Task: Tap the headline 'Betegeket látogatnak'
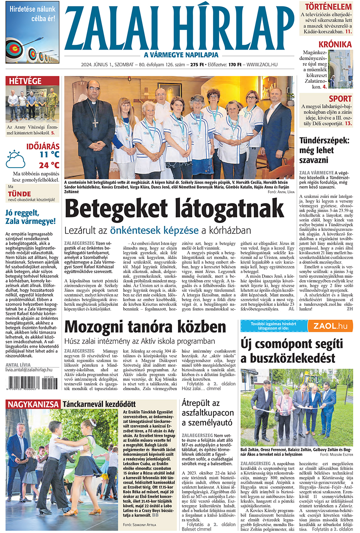point(174,210)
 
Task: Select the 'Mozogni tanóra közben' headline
point(145,327)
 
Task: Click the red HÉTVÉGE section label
point(25,81)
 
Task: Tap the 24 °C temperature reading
point(49,165)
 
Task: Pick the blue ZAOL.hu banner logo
point(330,326)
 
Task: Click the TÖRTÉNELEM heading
point(328,7)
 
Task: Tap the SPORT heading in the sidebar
point(340,98)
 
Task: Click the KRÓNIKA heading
point(335,44)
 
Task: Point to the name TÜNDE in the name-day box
point(19,194)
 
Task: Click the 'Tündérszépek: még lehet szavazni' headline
point(324,150)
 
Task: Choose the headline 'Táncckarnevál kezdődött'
point(99,404)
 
